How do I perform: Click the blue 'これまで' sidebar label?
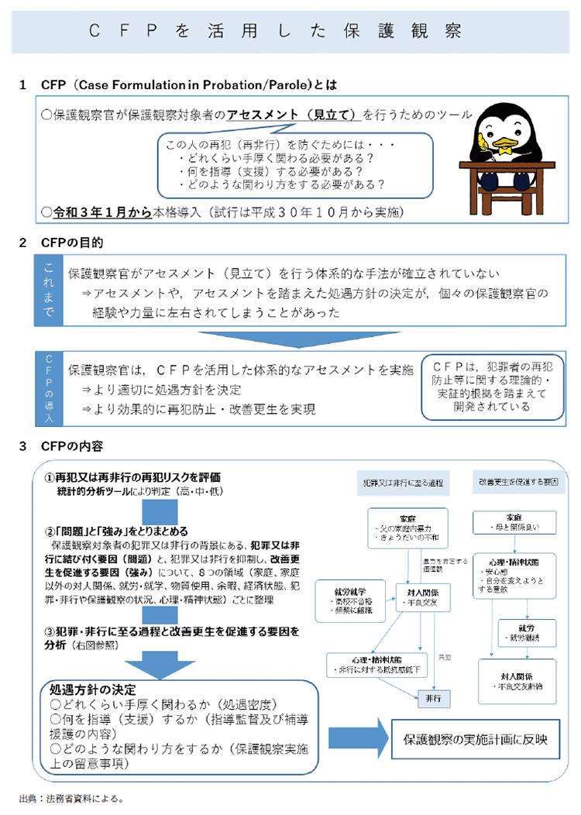click(50, 287)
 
